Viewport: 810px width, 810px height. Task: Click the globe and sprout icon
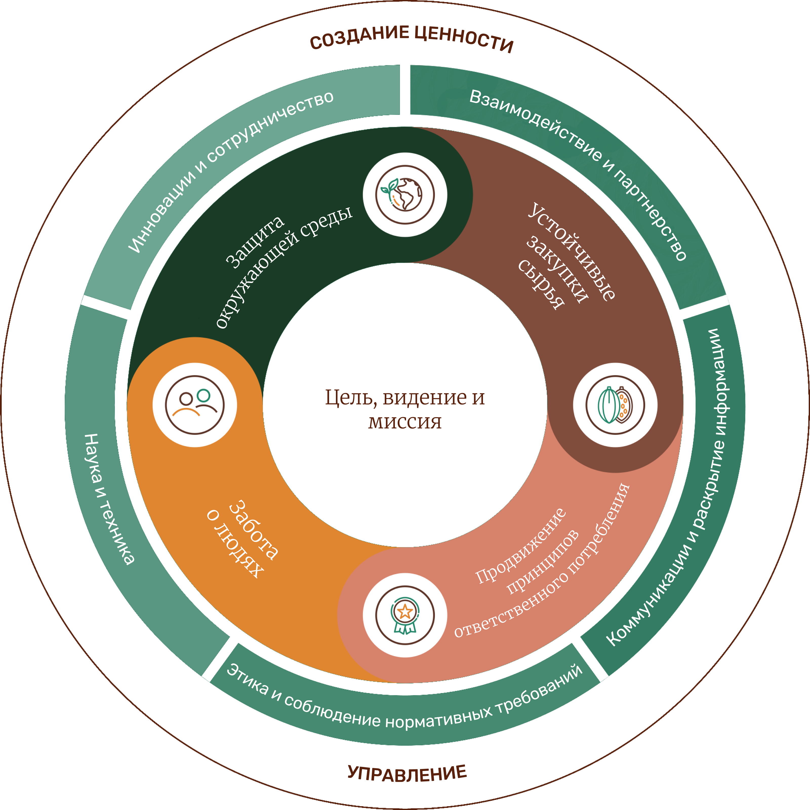405,195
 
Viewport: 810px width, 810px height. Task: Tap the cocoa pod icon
615,405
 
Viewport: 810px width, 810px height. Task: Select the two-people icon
195,405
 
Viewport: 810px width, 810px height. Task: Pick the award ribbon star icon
405,615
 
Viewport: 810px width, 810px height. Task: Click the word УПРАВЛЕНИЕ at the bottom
407,774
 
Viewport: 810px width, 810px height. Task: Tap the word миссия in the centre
405,422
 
